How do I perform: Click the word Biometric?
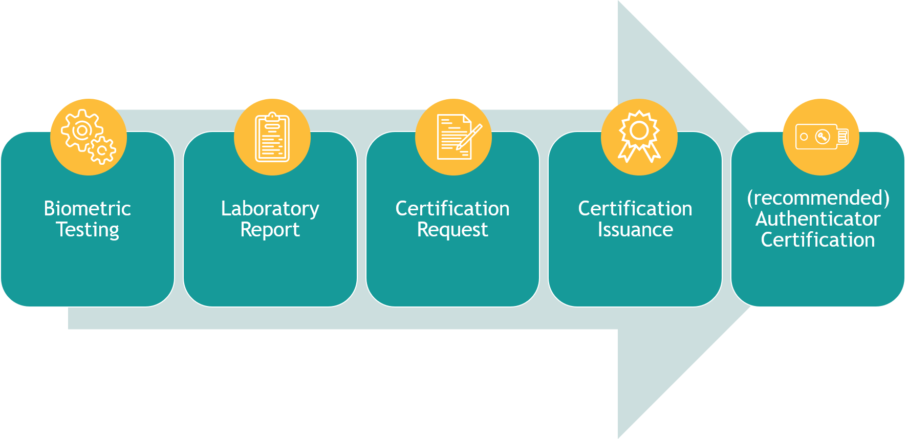88,209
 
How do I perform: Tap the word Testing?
88,230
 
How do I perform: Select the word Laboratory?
270,209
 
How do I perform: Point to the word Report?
270,230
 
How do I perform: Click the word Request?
452,230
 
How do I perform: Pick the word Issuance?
635,230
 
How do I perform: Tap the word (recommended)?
818,198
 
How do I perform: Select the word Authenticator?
818,219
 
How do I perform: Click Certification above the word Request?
452,209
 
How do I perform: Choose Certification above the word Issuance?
635,209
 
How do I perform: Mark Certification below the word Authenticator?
818,240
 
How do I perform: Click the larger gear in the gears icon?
81,130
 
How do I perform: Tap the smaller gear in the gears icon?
102,150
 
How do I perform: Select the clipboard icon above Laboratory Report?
272,137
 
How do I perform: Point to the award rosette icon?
639,136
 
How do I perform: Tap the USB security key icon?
821,137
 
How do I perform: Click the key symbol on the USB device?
823,137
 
